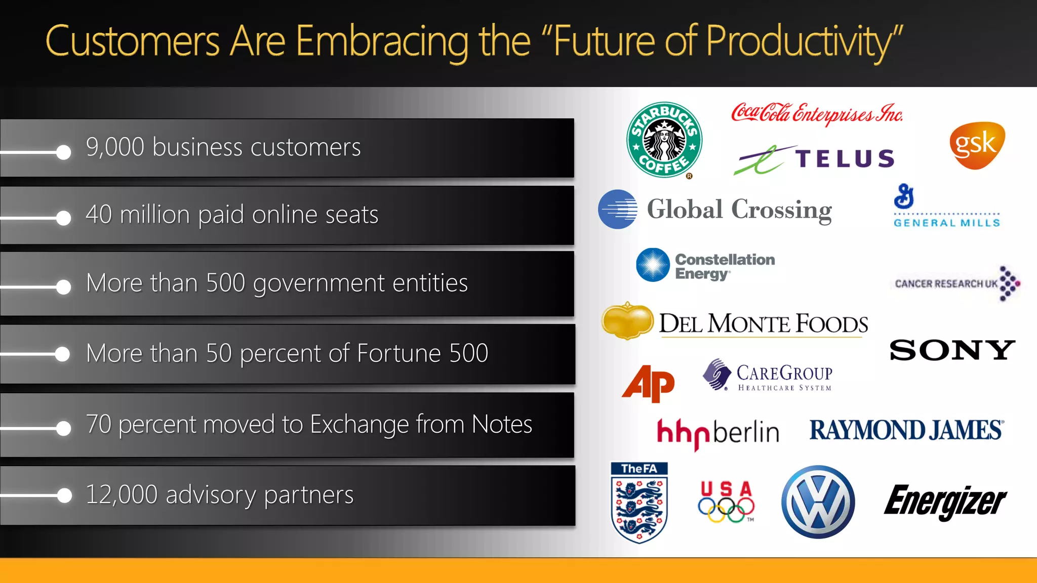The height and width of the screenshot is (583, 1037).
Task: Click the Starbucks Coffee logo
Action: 664,140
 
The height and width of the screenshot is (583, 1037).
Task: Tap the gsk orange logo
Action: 977,145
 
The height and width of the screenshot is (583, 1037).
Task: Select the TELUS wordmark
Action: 845,159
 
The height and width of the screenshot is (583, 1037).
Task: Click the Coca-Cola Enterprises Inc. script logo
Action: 816,113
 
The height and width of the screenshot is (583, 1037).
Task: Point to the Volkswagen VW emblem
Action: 818,502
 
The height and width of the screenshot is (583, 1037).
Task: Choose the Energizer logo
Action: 945,501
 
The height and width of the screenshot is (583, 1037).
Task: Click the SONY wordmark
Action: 952,350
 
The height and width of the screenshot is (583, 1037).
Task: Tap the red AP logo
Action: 649,383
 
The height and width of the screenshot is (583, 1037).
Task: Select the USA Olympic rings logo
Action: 726,502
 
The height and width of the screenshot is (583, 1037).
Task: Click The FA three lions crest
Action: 639,503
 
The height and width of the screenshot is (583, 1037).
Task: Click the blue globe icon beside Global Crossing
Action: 617,209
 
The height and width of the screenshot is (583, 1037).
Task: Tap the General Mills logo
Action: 946,206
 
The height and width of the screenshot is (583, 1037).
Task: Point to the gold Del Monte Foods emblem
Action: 627,321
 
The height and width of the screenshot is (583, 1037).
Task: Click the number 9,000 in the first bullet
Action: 115,147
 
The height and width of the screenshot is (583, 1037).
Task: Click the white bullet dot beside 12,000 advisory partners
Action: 64,495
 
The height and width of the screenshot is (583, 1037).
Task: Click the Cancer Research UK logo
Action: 956,283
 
